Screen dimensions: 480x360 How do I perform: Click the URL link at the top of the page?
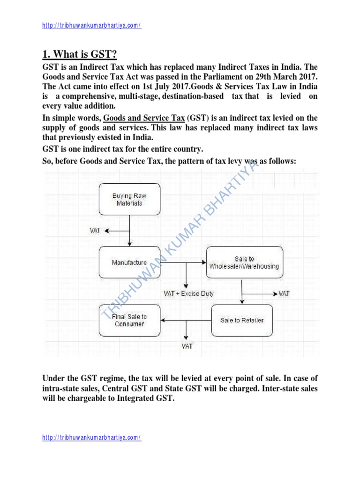[91, 25]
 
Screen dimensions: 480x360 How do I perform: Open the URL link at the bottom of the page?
[91, 437]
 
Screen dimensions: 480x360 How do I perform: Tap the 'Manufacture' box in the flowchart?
[129, 262]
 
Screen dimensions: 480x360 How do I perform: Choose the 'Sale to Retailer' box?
[242, 320]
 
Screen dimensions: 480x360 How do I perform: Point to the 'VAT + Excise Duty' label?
[188, 293]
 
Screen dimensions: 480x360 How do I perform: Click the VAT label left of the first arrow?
[95, 230]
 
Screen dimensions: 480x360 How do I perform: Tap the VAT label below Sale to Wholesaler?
[284, 293]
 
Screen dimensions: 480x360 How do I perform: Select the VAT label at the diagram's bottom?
[187, 346]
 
